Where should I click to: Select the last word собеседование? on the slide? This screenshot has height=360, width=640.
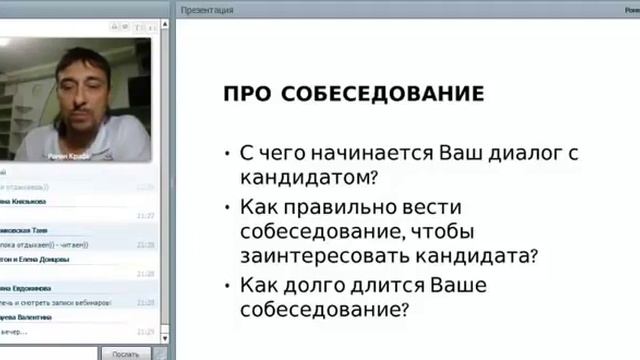point(323,310)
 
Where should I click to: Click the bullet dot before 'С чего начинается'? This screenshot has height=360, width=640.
point(228,154)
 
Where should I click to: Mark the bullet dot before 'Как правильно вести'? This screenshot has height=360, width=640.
point(228,207)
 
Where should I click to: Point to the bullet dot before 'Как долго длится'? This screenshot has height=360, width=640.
point(228,285)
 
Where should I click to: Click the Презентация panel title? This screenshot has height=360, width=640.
point(207,10)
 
